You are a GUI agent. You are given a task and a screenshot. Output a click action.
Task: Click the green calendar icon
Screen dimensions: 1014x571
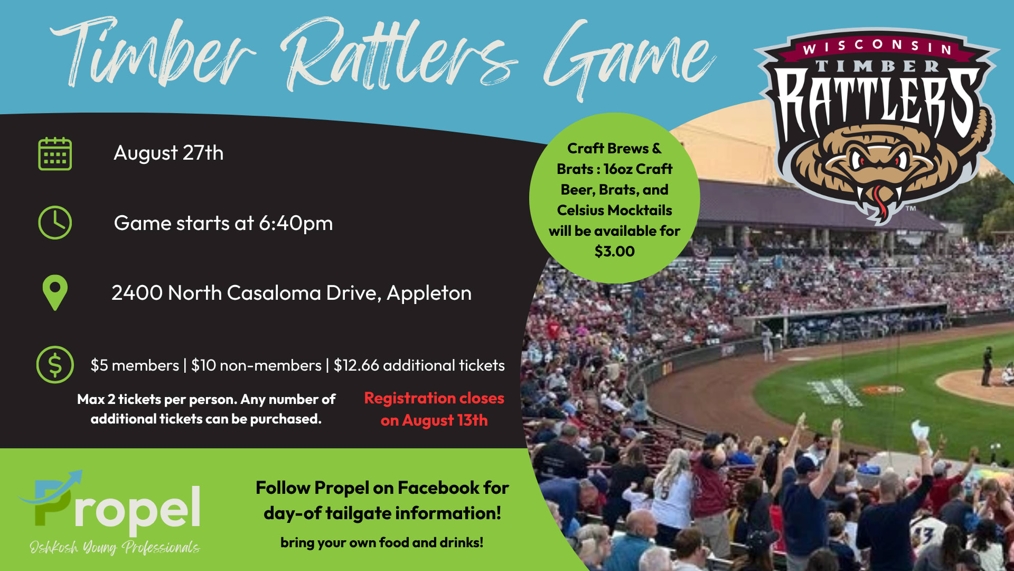(55, 154)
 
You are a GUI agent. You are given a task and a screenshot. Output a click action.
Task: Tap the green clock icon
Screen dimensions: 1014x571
(55, 223)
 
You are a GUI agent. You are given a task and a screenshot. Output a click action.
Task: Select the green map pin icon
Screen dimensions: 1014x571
(55, 292)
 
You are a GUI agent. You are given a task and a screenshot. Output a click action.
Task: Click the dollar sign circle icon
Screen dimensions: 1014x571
(55, 365)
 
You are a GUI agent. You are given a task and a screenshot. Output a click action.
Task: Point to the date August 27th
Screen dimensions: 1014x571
(168, 153)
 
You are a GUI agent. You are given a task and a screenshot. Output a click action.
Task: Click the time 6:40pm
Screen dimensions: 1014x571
(296, 224)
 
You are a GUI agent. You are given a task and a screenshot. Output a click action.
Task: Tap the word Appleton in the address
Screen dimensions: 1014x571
(429, 293)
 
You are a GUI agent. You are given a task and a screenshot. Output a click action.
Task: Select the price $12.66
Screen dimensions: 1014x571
(356, 365)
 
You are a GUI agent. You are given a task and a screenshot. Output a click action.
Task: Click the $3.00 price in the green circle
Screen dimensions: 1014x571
(615, 251)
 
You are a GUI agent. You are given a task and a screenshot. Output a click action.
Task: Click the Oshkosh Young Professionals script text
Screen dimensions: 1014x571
(115, 547)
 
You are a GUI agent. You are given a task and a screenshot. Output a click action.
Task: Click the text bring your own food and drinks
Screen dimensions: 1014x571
(382, 543)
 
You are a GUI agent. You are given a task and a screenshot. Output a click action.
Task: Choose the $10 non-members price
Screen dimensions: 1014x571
(256, 365)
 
